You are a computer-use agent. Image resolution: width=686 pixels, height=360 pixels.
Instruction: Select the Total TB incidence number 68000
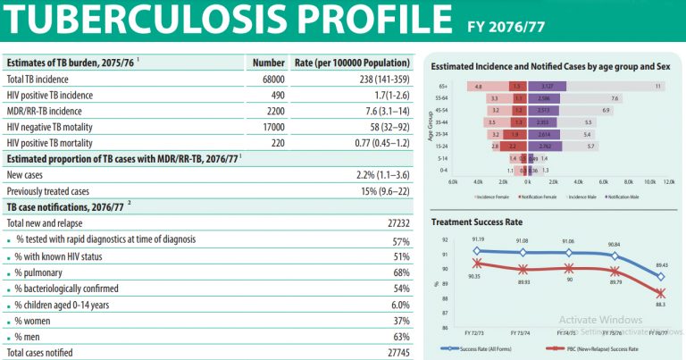(268, 79)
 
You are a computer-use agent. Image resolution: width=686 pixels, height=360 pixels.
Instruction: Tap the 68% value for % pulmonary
(401, 272)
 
